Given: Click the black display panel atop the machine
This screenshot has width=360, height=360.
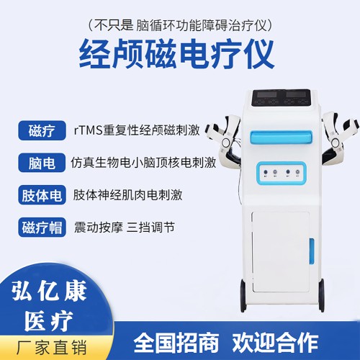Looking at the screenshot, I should (x=282, y=96).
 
